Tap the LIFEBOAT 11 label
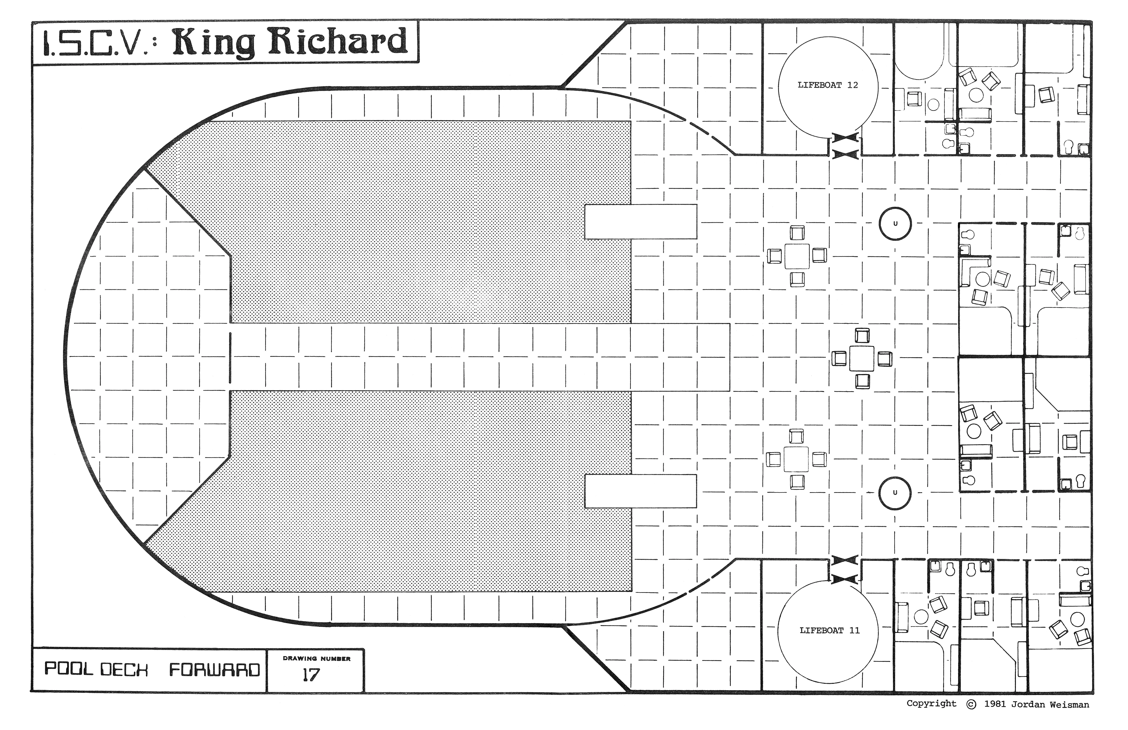click(x=829, y=630)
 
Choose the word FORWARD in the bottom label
click(x=215, y=669)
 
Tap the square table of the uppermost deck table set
click(x=797, y=256)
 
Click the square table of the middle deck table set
click(x=862, y=358)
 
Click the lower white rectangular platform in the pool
click(x=641, y=491)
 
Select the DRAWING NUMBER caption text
click(x=317, y=658)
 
